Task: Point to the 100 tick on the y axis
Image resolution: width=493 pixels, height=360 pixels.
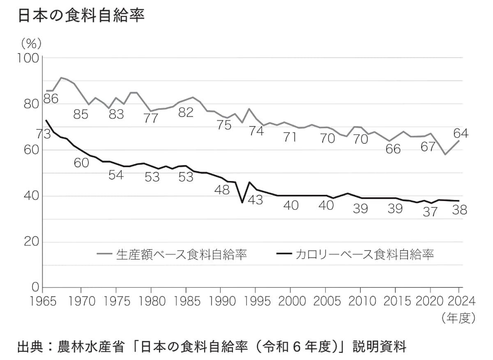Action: tap(29, 58)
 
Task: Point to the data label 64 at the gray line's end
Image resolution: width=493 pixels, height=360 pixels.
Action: tap(461, 133)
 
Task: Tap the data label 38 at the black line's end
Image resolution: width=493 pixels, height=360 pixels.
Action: tap(459, 210)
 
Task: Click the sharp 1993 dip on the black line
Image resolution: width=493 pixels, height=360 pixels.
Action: tap(242, 202)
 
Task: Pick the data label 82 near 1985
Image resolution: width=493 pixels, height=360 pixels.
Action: tap(186, 112)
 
